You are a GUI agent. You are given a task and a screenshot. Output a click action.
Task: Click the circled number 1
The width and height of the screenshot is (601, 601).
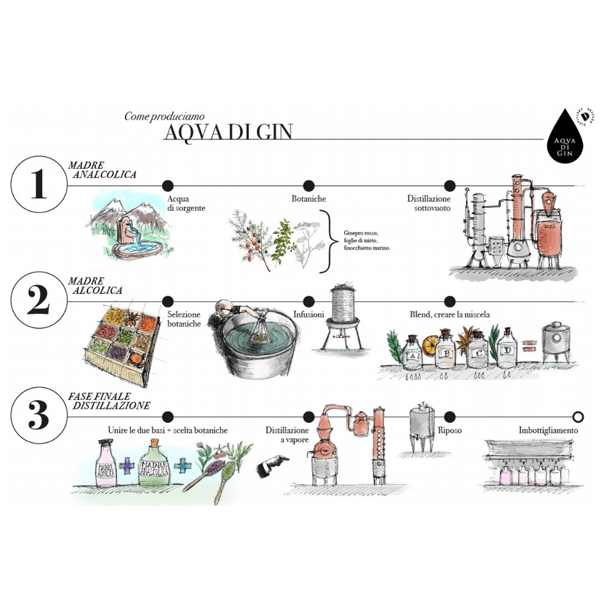point(39,184)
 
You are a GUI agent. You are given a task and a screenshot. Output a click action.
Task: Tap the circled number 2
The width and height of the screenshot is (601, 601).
point(39,300)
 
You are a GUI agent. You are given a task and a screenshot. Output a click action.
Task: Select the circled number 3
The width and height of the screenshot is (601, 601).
point(39,416)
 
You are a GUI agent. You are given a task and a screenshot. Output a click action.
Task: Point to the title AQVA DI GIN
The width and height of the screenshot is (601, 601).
point(228,132)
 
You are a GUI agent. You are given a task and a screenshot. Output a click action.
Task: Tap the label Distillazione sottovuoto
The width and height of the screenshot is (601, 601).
point(429,203)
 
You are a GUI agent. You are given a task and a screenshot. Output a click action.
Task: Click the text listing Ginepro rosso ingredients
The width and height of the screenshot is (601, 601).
point(366,240)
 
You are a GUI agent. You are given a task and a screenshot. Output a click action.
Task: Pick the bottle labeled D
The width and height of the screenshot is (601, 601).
point(507,351)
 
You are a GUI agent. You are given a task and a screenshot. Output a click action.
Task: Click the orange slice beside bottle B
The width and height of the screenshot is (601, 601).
point(430,343)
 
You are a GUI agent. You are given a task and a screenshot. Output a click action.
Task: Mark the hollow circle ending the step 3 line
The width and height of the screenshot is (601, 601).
point(578,417)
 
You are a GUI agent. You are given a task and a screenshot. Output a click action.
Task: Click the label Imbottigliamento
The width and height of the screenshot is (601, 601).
point(548,430)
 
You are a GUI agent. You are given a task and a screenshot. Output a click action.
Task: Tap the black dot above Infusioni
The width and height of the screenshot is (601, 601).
point(309,301)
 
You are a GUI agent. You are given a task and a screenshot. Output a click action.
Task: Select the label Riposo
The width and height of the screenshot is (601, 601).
point(450,430)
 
